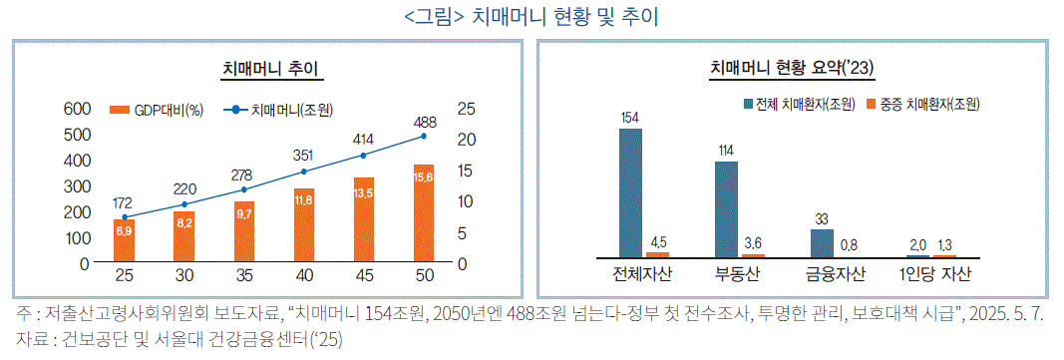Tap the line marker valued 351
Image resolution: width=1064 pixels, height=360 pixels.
click(x=303, y=172)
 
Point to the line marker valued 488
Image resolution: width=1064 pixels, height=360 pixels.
click(x=424, y=136)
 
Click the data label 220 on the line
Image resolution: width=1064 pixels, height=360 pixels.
click(x=183, y=187)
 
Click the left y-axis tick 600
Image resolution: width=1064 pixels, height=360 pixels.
click(x=78, y=109)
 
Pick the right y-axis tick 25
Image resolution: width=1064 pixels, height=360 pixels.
click(x=467, y=109)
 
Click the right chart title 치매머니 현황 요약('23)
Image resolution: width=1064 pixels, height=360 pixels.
click(x=793, y=68)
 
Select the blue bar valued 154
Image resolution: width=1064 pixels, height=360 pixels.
click(x=630, y=192)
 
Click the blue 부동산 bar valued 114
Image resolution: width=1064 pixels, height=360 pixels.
click(x=726, y=208)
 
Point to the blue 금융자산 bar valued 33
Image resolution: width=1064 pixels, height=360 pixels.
click(x=821, y=242)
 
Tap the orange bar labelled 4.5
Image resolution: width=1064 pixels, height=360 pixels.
click(x=656, y=254)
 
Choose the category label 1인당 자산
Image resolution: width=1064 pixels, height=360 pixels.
click(x=933, y=274)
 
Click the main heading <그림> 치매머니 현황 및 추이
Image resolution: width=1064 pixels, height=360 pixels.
click(x=532, y=17)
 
